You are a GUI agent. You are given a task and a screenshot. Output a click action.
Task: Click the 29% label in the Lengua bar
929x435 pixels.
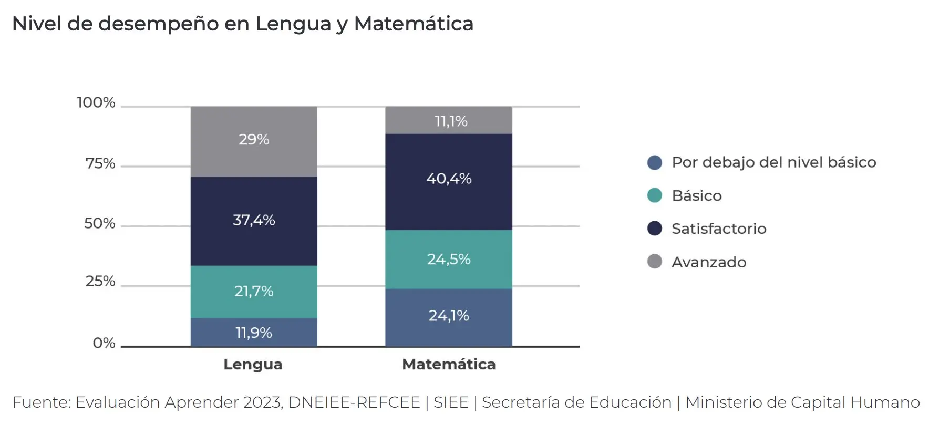click(254, 140)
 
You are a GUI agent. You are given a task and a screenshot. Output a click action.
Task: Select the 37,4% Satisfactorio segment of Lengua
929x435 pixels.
click(254, 220)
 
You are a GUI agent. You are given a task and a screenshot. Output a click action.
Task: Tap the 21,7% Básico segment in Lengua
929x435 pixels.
click(254, 291)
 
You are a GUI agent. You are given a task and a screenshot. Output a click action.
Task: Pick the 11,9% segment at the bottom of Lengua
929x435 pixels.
click(254, 333)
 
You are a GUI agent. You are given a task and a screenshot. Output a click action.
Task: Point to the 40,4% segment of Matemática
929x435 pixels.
click(449, 179)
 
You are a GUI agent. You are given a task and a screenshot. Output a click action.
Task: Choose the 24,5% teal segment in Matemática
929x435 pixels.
click(449, 259)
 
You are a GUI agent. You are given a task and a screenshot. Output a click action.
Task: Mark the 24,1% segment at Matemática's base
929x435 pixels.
click(449, 316)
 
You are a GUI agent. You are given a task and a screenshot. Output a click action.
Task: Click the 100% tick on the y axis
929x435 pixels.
click(96, 102)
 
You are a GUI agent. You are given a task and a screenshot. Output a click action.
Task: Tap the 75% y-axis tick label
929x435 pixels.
click(100, 163)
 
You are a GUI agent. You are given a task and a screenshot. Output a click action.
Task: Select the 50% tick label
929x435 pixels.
click(100, 223)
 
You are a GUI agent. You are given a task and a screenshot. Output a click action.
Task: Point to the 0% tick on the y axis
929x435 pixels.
click(104, 343)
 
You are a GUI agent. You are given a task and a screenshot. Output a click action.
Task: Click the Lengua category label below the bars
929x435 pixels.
click(253, 364)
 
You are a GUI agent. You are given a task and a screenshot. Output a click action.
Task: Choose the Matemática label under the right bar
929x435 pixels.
click(449, 364)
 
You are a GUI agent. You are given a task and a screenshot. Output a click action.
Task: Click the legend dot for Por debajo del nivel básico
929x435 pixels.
click(655, 162)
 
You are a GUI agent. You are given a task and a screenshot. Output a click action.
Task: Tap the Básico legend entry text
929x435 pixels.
click(697, 195)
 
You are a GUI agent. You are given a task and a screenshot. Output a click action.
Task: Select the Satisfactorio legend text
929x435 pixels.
click(719, 229)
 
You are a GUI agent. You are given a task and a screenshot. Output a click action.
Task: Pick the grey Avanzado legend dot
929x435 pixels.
click(655, 262)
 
